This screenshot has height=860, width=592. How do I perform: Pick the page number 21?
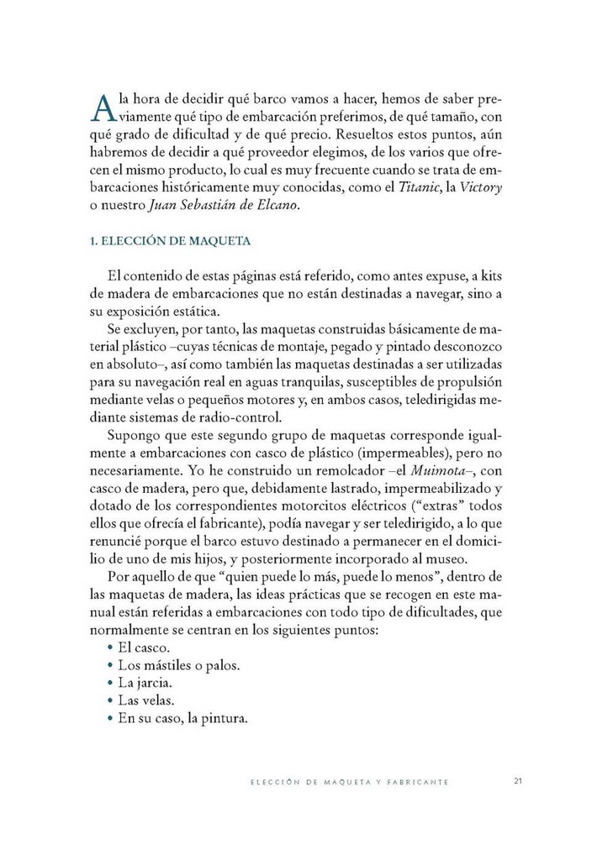coord(518,781)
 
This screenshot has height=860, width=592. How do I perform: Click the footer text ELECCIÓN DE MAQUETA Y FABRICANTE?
coord(350,782)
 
